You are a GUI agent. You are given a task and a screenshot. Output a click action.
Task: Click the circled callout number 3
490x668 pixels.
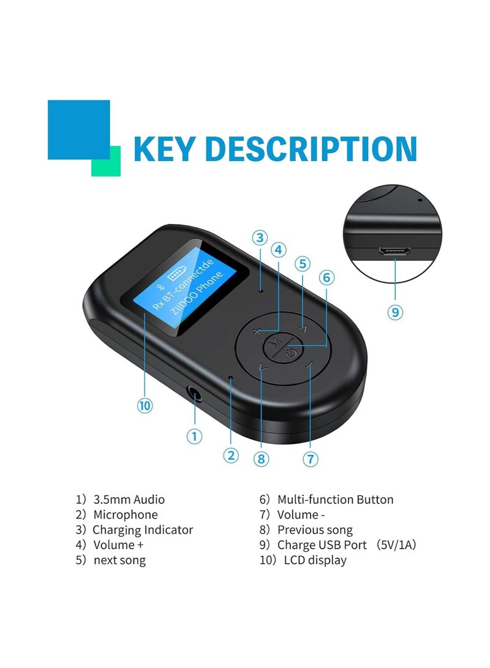pos(260,238)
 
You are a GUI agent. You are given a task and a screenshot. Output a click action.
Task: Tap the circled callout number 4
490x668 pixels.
pos(279,250)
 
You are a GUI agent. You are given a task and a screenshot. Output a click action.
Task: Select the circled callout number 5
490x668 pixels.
pos(302,264)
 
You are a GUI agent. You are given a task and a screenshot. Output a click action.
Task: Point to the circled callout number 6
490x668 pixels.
pos(326,277)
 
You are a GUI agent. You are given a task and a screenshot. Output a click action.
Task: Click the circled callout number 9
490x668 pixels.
pos(396,312)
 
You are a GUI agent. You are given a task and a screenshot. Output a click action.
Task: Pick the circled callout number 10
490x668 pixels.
pos(145,405)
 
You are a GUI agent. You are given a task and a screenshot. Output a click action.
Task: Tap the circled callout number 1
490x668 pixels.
pos(194,437)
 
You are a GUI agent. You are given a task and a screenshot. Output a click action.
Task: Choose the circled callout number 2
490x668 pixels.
pos(231,455)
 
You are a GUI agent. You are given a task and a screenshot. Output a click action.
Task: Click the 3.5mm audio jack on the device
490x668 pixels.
pos(195,394)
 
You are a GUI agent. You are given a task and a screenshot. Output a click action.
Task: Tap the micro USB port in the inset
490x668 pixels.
pos(394,252)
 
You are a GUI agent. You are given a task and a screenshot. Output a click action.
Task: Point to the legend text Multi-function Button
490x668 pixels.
pos(335,500)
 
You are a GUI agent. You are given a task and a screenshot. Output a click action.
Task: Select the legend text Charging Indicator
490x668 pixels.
pos(143,530)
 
